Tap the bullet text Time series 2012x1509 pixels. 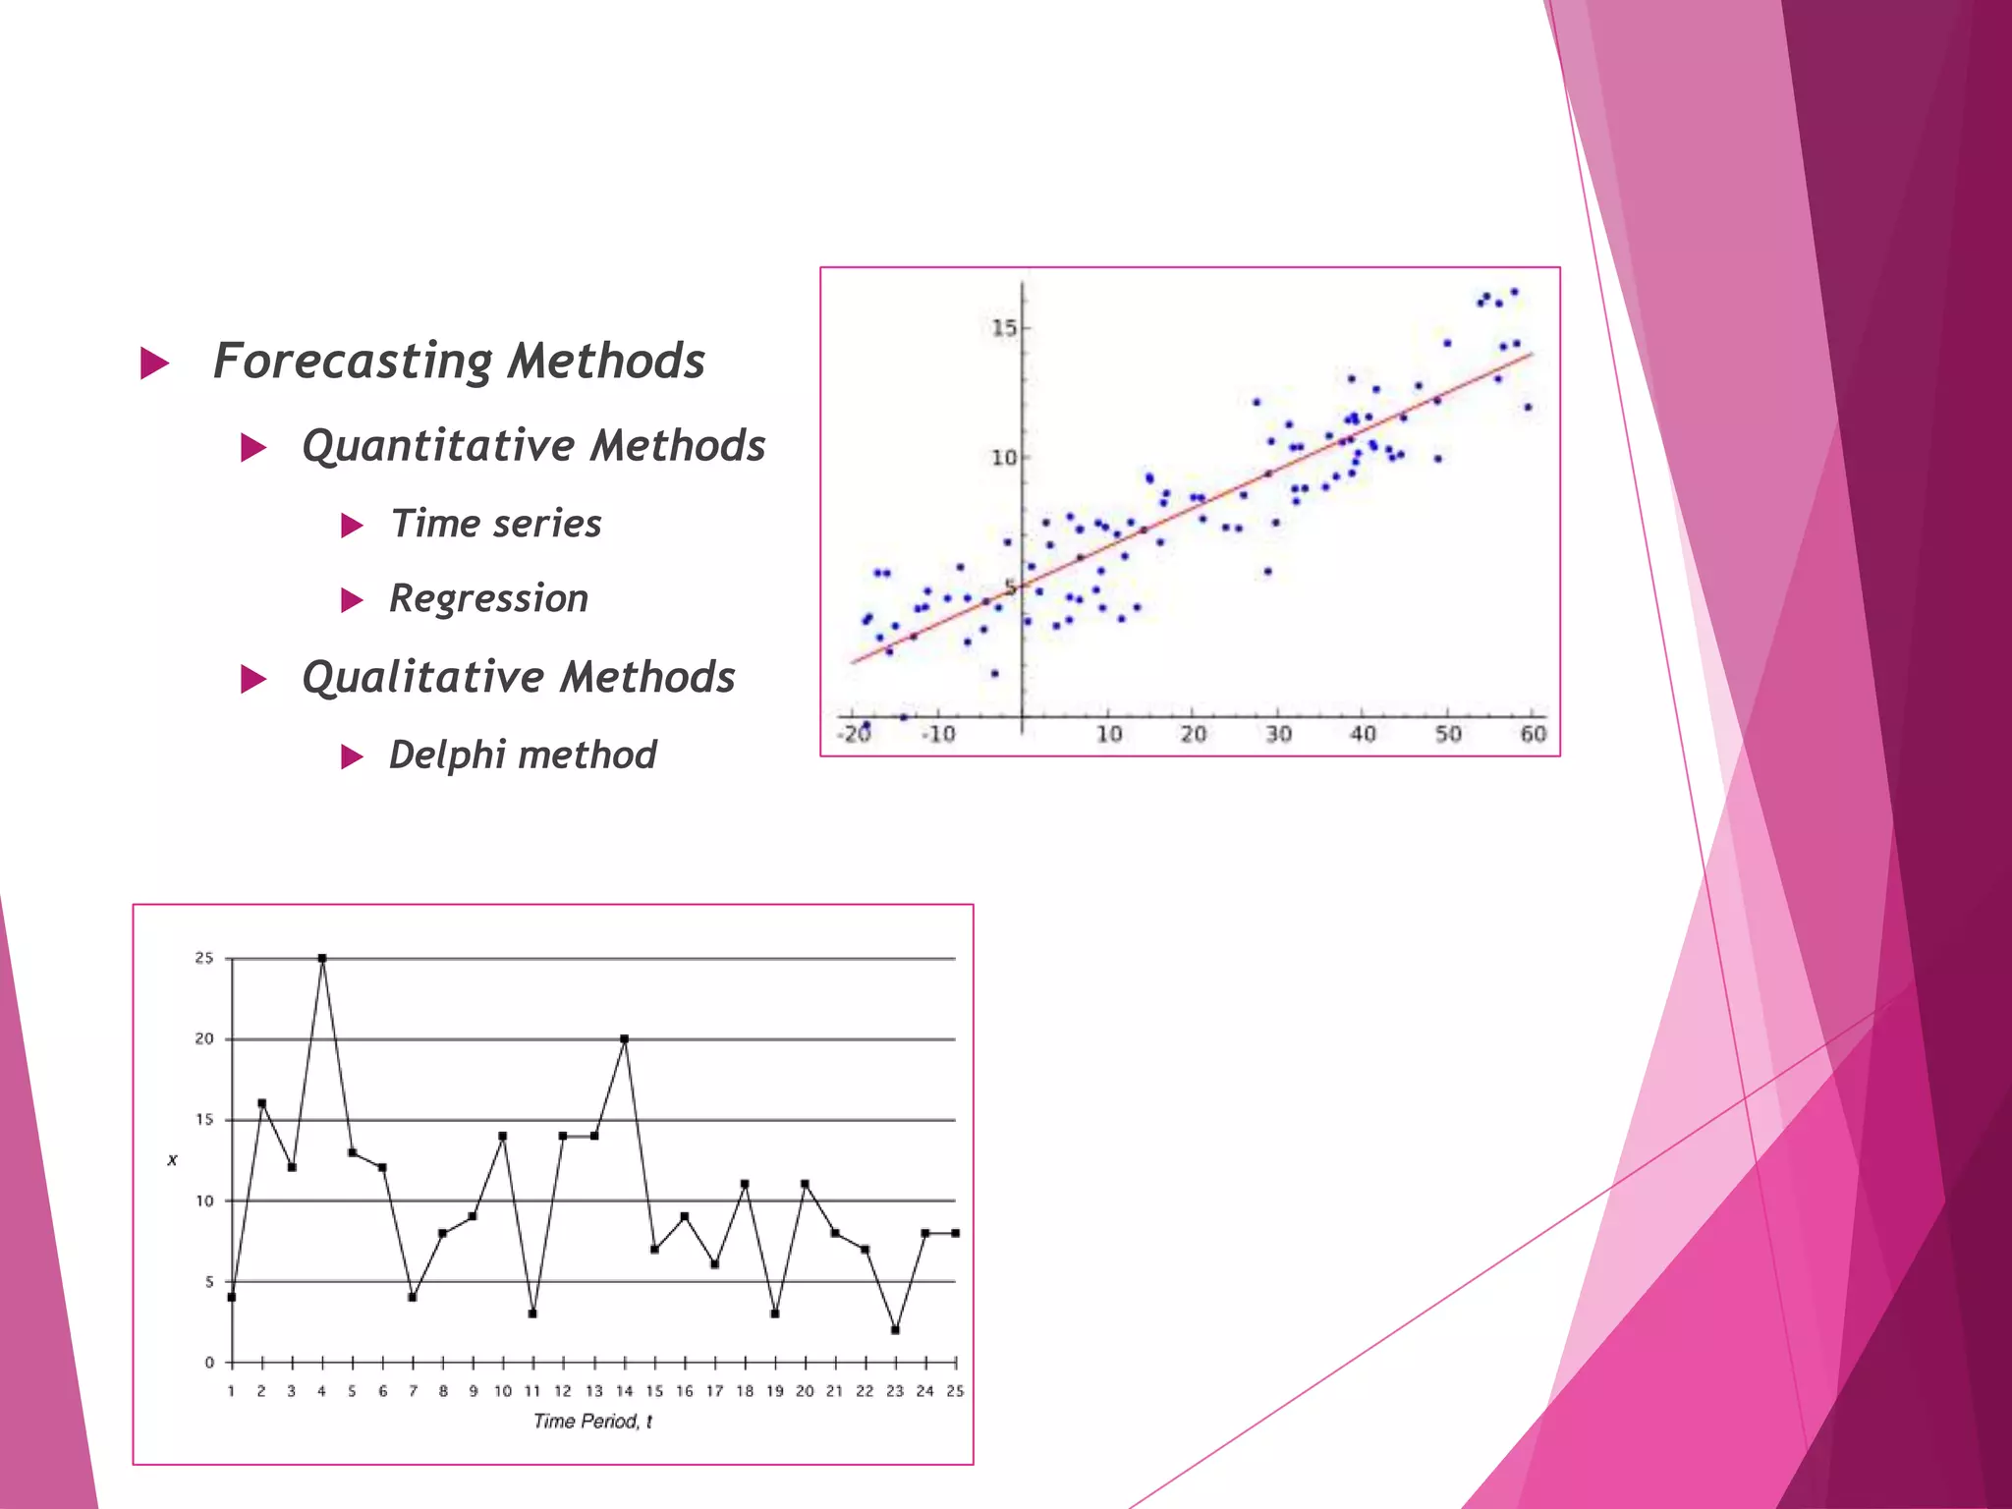496,524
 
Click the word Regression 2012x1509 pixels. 488,598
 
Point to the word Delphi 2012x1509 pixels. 447,755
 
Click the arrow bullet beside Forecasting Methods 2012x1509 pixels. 155,363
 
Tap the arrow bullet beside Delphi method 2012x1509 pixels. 352,756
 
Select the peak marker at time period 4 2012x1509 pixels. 322,958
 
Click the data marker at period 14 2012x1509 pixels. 625,1038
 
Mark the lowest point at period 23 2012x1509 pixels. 896,1330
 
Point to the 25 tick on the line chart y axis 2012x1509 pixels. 203,958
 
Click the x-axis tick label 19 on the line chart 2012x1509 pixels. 775,1391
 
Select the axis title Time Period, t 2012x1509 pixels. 592,1422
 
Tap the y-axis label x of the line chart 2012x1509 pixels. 173,1160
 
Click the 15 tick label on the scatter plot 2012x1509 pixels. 1004,328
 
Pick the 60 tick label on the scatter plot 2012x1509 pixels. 1534,734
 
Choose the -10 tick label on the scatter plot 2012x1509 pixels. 937,734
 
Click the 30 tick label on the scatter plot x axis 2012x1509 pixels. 1278,734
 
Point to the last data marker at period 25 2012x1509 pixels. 955,1233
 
